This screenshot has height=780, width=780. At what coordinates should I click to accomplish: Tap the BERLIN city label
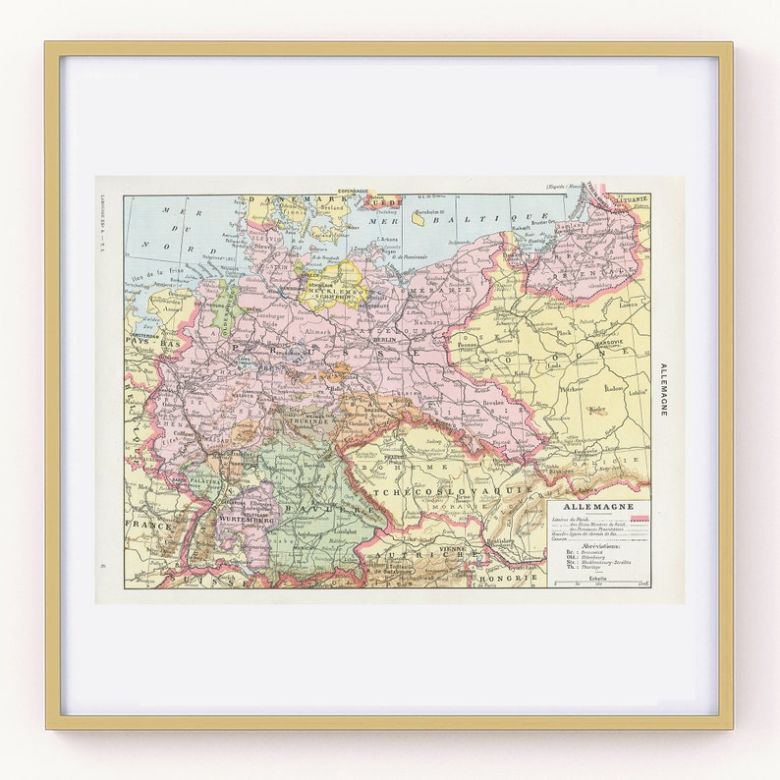(382, 310)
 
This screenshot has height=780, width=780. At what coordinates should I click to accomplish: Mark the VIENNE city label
(453, 550)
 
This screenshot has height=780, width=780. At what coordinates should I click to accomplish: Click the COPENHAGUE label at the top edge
(359, 190)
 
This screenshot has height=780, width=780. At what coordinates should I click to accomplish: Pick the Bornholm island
(420, 218)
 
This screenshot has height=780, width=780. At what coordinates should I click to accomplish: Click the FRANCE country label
(147, 526)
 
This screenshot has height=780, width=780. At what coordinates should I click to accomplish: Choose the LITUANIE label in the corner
(630, 199)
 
